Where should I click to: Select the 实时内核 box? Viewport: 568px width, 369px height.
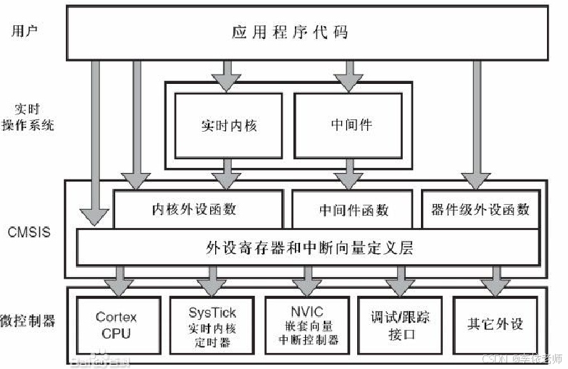228,124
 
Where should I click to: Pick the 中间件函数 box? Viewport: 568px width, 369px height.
354,210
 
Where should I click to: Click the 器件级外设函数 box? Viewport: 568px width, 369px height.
480,210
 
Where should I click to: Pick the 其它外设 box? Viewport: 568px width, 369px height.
496,324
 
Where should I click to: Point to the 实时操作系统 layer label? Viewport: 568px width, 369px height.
28,116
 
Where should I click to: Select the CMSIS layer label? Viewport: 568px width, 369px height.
28,233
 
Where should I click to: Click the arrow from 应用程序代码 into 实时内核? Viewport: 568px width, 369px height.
227,75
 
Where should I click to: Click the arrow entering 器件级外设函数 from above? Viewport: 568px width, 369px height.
475,123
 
